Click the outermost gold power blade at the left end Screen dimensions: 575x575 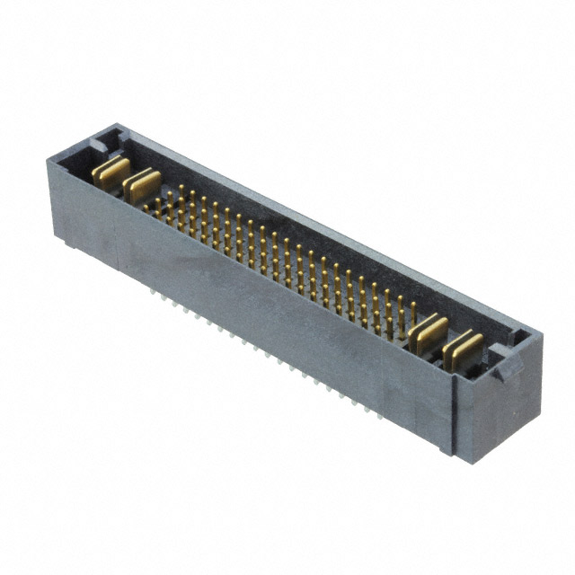(110, 171)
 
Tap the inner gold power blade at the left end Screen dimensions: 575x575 (140, 185)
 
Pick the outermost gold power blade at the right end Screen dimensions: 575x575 (462, 346)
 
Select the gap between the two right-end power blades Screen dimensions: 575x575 (446, 340)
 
